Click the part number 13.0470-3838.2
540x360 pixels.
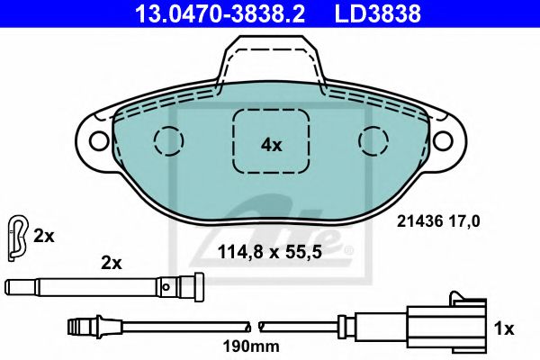220,13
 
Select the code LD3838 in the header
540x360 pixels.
377,13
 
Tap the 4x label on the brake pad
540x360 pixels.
271,145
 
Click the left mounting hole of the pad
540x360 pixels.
99,140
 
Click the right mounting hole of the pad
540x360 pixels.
443,140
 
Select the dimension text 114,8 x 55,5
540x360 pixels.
270,252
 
